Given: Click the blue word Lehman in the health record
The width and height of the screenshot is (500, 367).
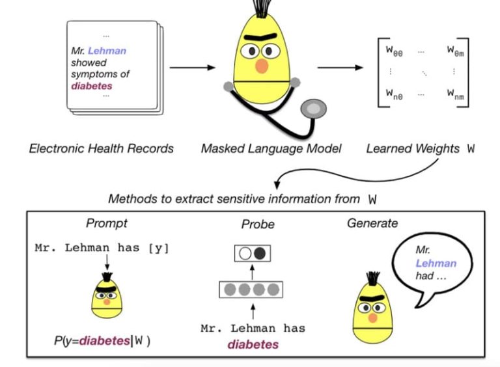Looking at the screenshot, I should pyautogui.click(x=107, y=51).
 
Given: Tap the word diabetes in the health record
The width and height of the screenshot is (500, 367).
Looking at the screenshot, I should pyautogui.click(x=91, y=85).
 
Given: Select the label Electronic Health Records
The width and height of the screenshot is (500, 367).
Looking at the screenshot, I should pyautogui.click(x=102, y=148).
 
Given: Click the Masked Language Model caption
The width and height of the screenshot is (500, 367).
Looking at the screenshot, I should pyautogui.click(x=271, y=148).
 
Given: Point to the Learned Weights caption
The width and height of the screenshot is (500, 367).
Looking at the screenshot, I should pyautogui.click(x=421, y=148).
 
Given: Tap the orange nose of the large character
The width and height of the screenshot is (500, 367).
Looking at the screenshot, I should pyautogui.click(x=261, y=66).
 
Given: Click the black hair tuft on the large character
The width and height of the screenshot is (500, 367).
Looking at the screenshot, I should pyautogui.click(x=263, y=10).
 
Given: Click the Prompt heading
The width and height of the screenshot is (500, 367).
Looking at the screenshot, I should pyautogui.click(x=107, y=223).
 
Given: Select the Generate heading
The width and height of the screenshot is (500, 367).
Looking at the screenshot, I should pyautogui.click(x=372, y=223).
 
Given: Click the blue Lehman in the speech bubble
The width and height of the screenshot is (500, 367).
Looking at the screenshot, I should pyautogui.click(x=436, y=263).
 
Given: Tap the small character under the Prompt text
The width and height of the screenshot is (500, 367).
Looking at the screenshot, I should pyautogui.click(x=106, y=293).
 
